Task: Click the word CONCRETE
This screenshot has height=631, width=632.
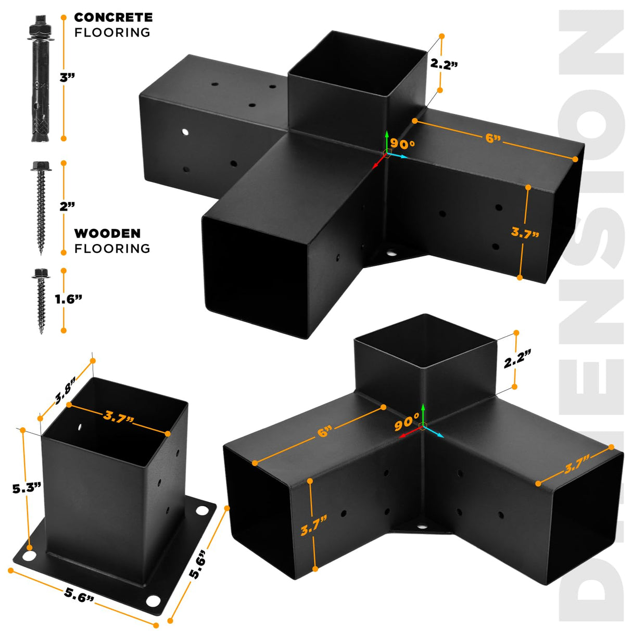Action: [x=113, y=17]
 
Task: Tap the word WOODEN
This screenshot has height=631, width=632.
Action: [x=107, y=234]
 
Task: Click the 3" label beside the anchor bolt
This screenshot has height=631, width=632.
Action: [x=68, y=78]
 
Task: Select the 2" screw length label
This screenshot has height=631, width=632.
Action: [x=67, y=206]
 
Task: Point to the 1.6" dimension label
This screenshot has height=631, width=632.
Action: [x=68, y=299]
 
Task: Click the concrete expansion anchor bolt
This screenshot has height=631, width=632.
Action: [x=41, y=79]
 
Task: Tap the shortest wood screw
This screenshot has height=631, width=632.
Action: [x=41, y=301]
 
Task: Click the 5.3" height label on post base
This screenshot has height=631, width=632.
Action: [x=27, y=488]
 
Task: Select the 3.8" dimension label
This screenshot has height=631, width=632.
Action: [x=65, y=390]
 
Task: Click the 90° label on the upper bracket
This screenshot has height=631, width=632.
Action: [x=402, y=144]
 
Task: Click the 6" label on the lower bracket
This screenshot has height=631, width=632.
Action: [x=325, y=432]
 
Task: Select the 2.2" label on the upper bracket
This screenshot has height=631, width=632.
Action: [x=444, y=64]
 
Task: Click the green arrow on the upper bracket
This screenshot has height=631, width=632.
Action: [x=387, y=141]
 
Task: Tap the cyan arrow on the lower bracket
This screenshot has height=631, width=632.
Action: [x=434, y=432]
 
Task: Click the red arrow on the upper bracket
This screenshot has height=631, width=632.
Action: [x=379, y=161]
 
